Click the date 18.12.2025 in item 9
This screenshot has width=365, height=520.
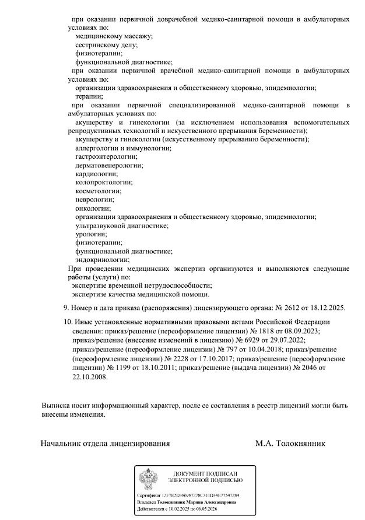[x=328, y=308]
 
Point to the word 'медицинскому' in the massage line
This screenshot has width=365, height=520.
[x=97, y=36]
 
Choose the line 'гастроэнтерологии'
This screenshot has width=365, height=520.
[x=105, y=156]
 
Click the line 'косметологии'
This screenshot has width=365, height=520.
[x=99, y=191]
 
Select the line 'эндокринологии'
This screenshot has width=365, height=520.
[x=102, y=259]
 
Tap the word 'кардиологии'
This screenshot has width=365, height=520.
[x=96, y=174]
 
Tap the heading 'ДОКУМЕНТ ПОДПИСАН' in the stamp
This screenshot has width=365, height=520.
[x=206, y=473]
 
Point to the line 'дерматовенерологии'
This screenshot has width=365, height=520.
[x=109, y=165]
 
